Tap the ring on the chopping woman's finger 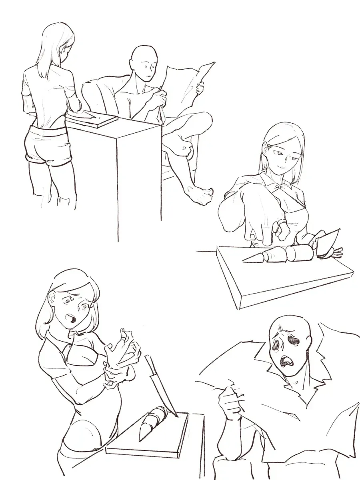tap(282, 223)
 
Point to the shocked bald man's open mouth tap(287, 361)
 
